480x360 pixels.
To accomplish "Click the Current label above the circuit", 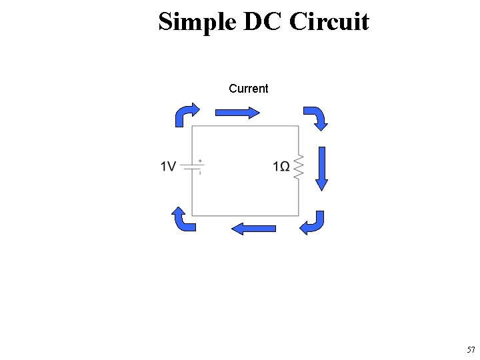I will tap(248, 89).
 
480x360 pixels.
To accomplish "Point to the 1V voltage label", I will tap(168, 167).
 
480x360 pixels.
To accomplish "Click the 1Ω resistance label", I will tap(281, 167).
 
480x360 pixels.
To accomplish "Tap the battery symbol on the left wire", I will tap(192, 167).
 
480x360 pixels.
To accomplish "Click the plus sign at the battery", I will tap(200, 161).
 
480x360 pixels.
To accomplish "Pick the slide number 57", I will tap(471, 350).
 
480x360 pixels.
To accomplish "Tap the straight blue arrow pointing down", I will tap(322, 169).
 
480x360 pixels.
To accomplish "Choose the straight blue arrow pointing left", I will tap(253, 229).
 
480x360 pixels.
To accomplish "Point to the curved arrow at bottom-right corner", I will tap(313, 223).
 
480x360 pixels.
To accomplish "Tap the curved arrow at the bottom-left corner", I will tap(183, 219).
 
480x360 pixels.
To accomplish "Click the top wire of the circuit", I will tap(245, 126).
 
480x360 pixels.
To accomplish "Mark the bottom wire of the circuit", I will tap(245, 215).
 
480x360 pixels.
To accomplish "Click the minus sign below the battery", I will tap(200, 173).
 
